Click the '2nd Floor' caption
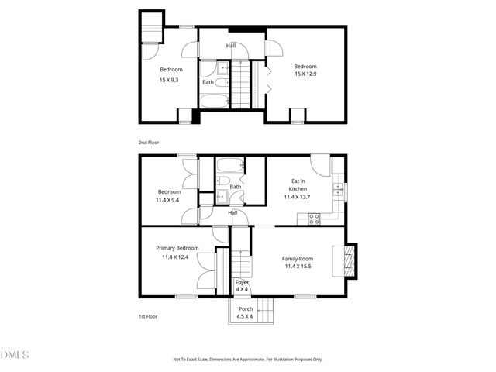pos(149,143)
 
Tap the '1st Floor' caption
pos(149,316)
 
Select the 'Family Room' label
pos(297,258)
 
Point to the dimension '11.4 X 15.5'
pos(297,267)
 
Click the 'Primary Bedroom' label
pos(177,248)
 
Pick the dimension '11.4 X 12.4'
pos(177,257)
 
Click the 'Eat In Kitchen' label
pos(298,184)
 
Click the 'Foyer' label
pos(242,282)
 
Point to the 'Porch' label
pos(245,308)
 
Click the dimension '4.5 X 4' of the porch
pos(245,316)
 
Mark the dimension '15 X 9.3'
pos(169,80)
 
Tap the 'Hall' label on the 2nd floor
pos(231,46)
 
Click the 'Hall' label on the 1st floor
pos(232,212)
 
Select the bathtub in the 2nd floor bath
pos(213,101)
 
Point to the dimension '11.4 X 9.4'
pos(169,200)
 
